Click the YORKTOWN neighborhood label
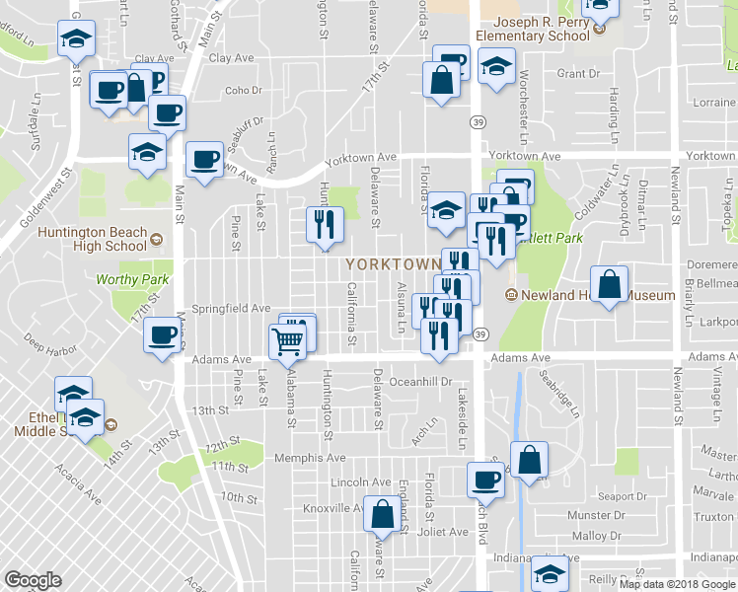coord(393,264)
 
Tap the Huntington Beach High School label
coord(91,240)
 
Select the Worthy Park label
coord(132,280)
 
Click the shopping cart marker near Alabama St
coord(287,341)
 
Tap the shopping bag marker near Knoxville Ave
coord(381,513)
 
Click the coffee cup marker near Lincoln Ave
coord(484,480)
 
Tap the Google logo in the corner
coord(33,580)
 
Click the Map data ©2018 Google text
coord(677,584)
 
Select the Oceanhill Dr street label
coord(421,382)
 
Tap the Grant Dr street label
coord(578,74)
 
